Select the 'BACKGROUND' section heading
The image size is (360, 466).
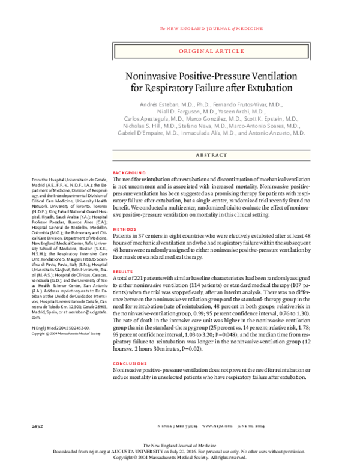(x=129, y=172)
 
